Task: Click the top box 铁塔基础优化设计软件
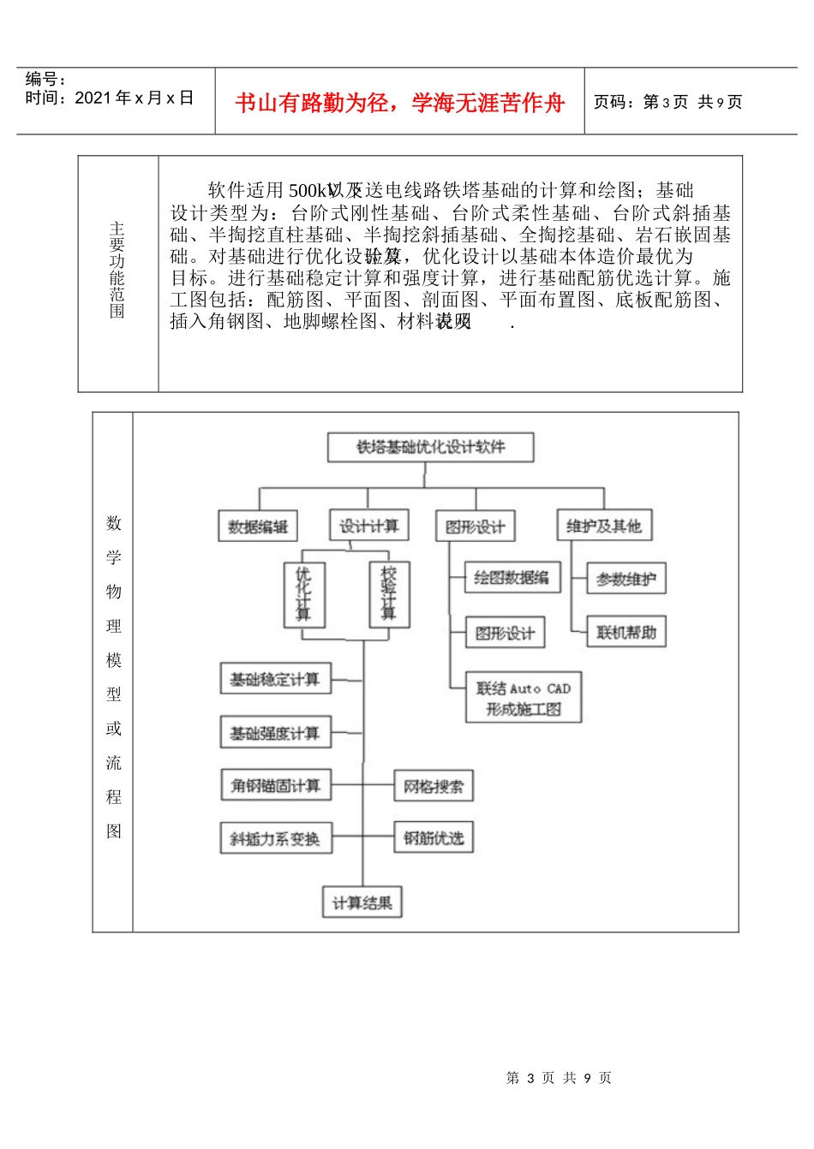pos(431,447)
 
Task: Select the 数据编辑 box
pos(258,527)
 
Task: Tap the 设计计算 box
pos(368,525)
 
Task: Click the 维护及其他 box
pos(604,526)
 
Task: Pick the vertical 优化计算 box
pos(303,593)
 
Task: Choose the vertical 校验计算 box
pos(388,593)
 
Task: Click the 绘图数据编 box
pos(512,578)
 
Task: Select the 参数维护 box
pos(625,580)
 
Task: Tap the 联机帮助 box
pos(625,633)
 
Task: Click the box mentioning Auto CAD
pos(524,698)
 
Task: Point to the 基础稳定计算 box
pos(275,680)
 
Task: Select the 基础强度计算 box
pos(275,733)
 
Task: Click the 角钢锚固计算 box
pos(275,785)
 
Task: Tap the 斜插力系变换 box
pos(275,839)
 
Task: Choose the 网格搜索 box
pos(433,786)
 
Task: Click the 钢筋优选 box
pos(433,838)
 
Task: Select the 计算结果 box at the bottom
pos(362,902)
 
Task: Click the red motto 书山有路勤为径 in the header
pos(399,104)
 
